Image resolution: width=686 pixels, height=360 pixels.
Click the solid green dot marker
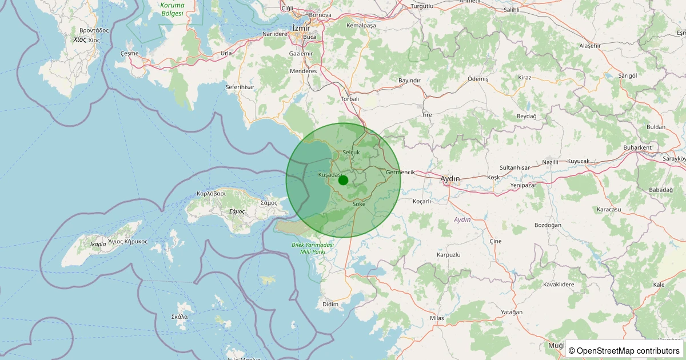point(343,180)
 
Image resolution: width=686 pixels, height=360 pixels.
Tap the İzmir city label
point(301,28)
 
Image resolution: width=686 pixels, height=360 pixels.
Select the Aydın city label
point(450,179)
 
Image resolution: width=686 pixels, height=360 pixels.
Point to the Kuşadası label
point(330,174)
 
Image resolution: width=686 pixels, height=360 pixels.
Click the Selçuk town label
point(351,153)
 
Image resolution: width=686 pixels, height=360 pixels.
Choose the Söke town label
point(359,204)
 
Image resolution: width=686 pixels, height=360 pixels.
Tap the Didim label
point(330,304)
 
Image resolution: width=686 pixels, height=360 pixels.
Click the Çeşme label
point(130,53)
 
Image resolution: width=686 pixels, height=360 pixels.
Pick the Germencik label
point(400,172)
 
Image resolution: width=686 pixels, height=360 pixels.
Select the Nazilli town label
point(550,162)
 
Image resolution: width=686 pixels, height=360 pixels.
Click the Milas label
point(436,318)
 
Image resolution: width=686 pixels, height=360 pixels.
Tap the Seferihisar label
point(240,87)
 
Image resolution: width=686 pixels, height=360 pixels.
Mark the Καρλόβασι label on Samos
point(211,193)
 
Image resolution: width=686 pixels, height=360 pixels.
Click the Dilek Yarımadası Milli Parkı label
point(308,247)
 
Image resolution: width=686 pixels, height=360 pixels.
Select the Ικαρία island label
point(98,244)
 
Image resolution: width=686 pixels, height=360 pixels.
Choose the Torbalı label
point(349,99)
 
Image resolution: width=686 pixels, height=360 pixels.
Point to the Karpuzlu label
point(448,254)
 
